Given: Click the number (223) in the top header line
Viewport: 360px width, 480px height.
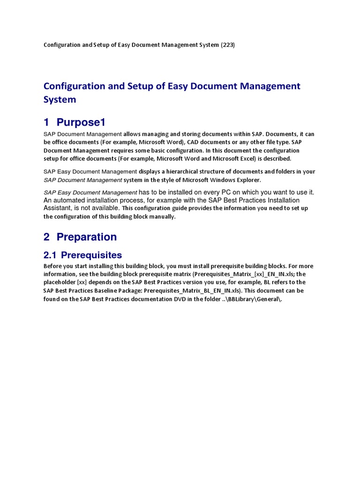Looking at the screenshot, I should (x=228, y=45).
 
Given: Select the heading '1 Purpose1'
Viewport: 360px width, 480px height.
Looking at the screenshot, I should (x=75, y=122).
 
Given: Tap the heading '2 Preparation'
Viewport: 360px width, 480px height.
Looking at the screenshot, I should (x=80, y=237).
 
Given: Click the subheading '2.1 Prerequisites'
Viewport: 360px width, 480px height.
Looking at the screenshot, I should (x=82, y=255).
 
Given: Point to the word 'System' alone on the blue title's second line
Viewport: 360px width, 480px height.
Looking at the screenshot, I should (x=60, y=99).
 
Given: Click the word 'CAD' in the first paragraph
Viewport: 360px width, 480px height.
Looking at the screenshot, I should (x=200, y=142).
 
